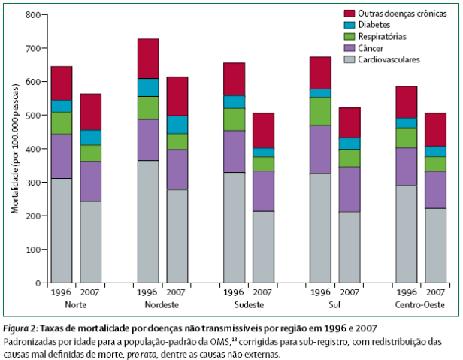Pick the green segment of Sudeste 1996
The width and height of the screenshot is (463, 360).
coord(234,119)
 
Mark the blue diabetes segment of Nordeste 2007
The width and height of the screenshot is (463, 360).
coord(177,125)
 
